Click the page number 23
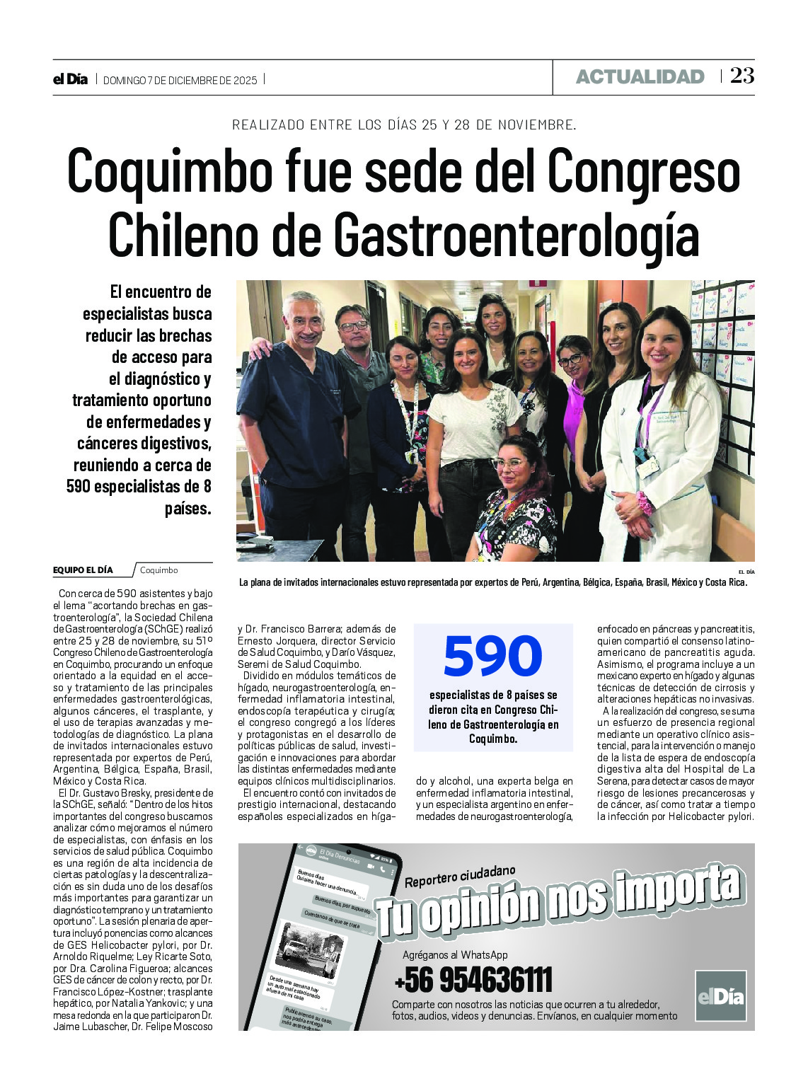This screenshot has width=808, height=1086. [x=742, y=76]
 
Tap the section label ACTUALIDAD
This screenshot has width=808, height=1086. [x=640, y=77]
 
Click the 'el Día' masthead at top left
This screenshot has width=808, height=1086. [x=70, y=79]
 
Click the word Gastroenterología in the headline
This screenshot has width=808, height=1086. [x=515, y=235]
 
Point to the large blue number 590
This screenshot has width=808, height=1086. [x=492, y=657]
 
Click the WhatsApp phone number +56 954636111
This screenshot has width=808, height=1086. [x=473, y=981]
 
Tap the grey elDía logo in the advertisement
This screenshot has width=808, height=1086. [x=720, y=996]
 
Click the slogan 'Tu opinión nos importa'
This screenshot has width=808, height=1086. [x=559, y=902]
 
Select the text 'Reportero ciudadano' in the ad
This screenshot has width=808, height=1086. [x=460, y=878]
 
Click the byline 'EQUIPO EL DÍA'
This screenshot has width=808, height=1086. [x=83, y=570]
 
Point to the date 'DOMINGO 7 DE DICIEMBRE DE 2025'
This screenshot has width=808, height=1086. [x=180, y=80]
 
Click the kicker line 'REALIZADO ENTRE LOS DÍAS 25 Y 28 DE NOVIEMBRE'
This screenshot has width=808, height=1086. [x=404, y=125]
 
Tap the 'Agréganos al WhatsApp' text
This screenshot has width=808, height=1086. [x=455, y=955]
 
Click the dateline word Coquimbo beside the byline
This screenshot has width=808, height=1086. [x=159, y=570]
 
